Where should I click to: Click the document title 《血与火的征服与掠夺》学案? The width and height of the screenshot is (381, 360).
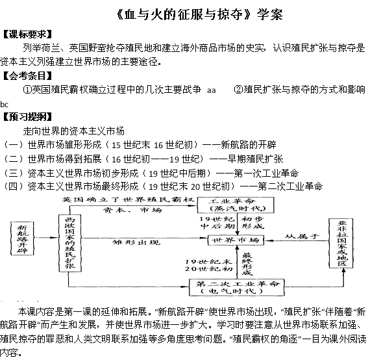[x=200, y=14]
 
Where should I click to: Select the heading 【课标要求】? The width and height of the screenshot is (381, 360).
[x=27, y=34]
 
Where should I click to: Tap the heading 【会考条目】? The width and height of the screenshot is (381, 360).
[x=27, y=76]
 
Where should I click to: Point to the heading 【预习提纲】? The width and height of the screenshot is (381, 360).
[x=27, y=117]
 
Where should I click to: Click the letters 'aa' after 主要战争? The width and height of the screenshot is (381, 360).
[x=212, y=90]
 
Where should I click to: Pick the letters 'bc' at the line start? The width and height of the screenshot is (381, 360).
[x=4, y=105]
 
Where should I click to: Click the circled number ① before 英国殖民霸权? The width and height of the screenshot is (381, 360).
[x=27, y=90]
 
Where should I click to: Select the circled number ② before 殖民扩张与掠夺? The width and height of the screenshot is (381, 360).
[x=238, y=90]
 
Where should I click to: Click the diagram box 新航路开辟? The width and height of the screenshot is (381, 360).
[x=22, y=238]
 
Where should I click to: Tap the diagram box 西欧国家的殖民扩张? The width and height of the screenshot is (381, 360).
[x=70, y=243]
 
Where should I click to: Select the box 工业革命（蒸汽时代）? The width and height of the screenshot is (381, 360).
[x=236, y=205]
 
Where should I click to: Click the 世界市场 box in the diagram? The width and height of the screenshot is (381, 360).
[x=236, y=240]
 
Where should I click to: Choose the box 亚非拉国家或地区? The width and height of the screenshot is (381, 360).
[x=341, y=243]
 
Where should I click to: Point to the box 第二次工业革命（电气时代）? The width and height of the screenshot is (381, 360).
[x=237, y=287]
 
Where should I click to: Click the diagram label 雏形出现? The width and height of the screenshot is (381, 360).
[x=136, y=242]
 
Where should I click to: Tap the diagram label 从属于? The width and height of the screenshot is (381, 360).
[x=302, y=236]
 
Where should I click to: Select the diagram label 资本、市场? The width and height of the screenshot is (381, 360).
[x=132, y=210]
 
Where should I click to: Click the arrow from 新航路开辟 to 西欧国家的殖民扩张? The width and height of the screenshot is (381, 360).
[x=46, y=238]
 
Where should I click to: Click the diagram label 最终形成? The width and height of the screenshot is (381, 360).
[x=247, y=264]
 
